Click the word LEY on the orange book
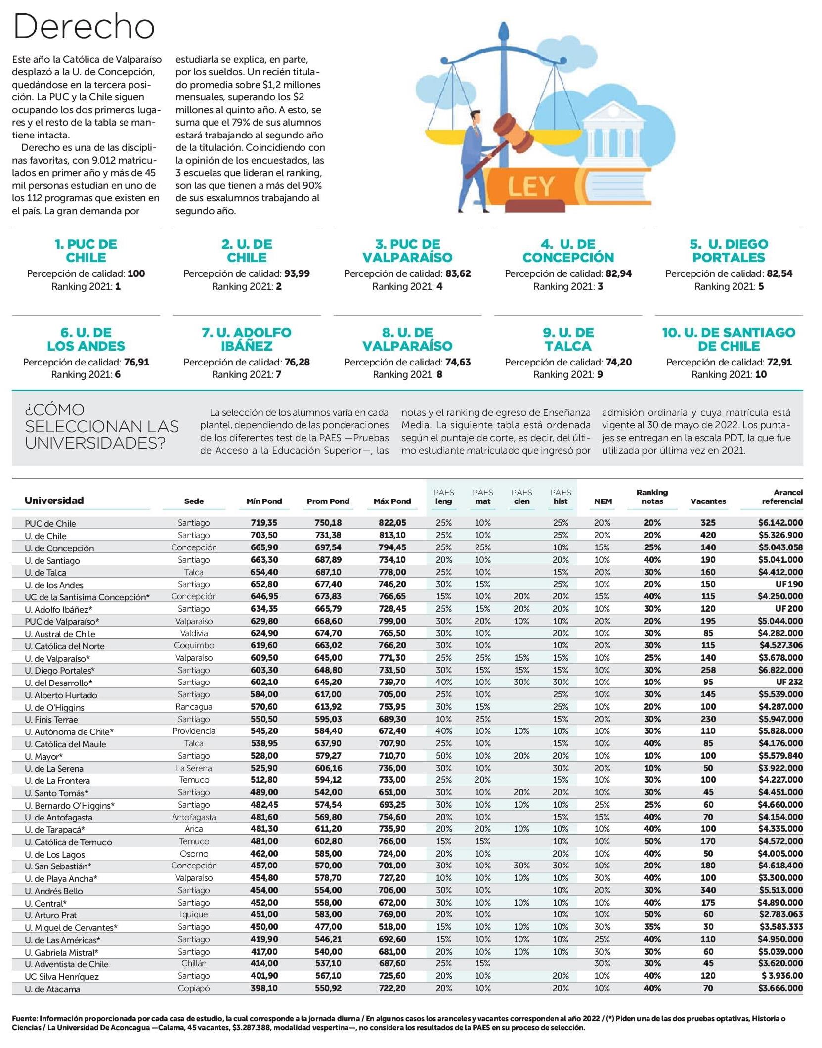pyautogui.click(x=531, y=187)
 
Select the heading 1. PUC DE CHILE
pyautogui.click(x=86, y=251)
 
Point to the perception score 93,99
pyautogui.click(x=297, y=273)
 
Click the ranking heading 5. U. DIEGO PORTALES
pyautogui.click(x=729, y=251)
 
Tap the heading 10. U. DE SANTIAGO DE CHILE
pyautogui.click(x=729, y=339)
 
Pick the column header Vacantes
pyautogui.click(x=708, y=501)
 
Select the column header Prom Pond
pyautogui.click(x=328, y=501)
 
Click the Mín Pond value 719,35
pyautogui.click(x=264, y=523)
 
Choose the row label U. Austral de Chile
pyautogui.click(x=60, y=634)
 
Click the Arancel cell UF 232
pyautogui.click(x=789, y=682)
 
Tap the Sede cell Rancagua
pyautogui.click(x=194, y=707)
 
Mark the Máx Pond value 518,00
pyautogui.click(x=392, y=927)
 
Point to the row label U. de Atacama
pyautogui.click(x=52, y=989)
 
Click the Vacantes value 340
pyautogui.click(x=708, y=890)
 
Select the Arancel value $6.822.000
pyautogui.click(x=780, y=670)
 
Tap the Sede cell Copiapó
pyautogui.click(x=194, y=988)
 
